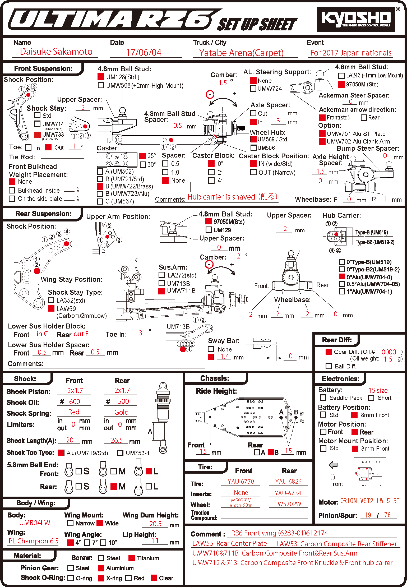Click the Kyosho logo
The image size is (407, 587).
tap(356, 19)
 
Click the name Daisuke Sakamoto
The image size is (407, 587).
tap(56, 52)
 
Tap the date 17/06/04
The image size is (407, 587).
tap(144, 52)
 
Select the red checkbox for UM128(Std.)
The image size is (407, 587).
tap(101, 77)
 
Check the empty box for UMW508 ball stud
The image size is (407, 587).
tap(101, 85)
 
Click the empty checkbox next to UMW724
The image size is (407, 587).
tap(253, 89)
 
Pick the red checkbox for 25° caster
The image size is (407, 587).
tap(143, 156)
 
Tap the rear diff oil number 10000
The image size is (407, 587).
tap(387, 352)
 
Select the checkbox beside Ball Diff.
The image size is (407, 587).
tap(329, 366)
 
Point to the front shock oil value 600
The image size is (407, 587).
tap(74, 402)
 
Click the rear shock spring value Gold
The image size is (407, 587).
tap(121, 412)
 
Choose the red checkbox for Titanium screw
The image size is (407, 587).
tap(132, 558)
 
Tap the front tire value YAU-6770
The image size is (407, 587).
tap(240, 482)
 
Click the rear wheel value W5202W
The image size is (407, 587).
tap(289, 504)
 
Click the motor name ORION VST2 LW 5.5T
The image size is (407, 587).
tap(369, 501)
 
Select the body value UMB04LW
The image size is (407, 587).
tap(35, 523)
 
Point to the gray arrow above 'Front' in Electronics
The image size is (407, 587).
tap(333, 465)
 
